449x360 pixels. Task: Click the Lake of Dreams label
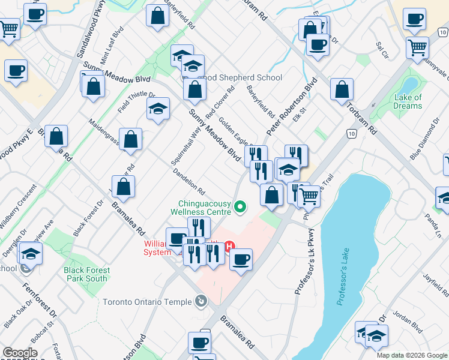pos(408,101)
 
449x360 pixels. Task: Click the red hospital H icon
pos(229,246)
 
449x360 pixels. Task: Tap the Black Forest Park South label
pos(86,274)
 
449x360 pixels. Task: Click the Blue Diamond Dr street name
pos(425,139)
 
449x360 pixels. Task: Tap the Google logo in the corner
pos(20,353)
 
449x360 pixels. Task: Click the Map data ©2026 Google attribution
pos(412,355)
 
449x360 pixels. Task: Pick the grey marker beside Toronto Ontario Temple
pos(200,301)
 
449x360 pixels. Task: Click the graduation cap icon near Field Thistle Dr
pos(158,108)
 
